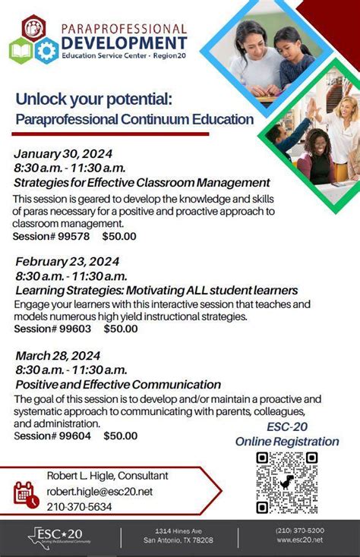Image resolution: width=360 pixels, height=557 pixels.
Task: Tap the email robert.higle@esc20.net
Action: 99,492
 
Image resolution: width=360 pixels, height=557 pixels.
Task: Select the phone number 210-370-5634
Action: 79,507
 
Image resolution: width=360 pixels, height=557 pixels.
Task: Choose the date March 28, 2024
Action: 58,355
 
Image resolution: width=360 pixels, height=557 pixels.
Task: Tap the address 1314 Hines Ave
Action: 178,530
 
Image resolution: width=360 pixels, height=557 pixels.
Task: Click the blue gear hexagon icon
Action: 46,50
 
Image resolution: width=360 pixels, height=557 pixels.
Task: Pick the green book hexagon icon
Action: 21,50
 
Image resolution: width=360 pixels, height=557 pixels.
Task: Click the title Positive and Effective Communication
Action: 118,385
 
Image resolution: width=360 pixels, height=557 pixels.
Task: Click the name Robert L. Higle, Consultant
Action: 107,476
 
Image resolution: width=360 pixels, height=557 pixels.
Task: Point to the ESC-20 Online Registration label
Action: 287,434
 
